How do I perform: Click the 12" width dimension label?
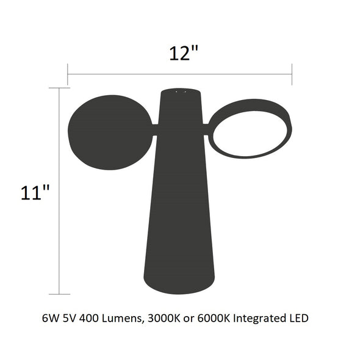pos(184,53)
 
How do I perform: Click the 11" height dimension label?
pos(35,192)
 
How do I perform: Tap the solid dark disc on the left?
pos(110,132)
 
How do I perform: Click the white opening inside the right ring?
pos(250,134)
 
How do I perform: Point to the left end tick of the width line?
pos(68,74)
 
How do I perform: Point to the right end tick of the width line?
pos(292,74)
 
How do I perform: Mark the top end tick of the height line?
pos(59,88)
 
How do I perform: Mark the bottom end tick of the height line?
pos(59,294)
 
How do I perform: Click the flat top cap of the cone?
pos(181,91)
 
